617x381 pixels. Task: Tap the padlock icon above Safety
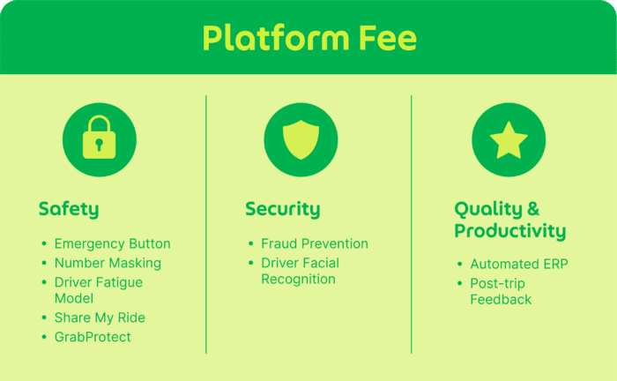[x=99, y=138]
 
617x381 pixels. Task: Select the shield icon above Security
[x=301, y=138]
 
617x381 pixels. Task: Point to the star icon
[x=509, y=138]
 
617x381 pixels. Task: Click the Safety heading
[x=69, y=209]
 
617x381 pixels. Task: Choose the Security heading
[x=282, y=209]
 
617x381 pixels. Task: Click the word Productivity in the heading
[x=509, y=231]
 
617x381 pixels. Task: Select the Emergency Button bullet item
[x=112, y=244]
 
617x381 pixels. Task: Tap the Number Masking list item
[x=108, y=263]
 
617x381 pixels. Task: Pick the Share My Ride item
[x=100, y=317]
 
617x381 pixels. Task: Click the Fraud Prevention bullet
[x=315, y=244]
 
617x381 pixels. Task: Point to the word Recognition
[x=298, y=280]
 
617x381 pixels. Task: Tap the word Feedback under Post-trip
[x=501, y=300]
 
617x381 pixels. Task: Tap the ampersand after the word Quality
[x=532, y=209]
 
